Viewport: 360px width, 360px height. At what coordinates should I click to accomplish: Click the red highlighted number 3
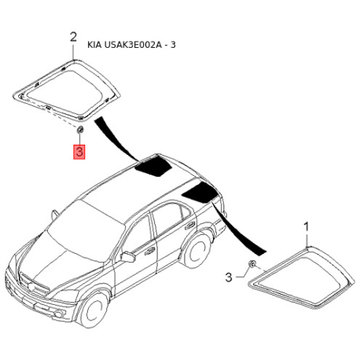point(79,152)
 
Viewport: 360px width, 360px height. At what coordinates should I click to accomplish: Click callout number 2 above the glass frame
point(73,38)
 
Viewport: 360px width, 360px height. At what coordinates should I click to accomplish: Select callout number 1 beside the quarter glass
point(307,227)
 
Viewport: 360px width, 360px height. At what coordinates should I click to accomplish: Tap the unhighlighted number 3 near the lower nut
point(229,277)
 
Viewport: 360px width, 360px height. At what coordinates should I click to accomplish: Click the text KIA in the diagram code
point(94,45)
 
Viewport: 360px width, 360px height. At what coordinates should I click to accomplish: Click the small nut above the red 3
point(79,130)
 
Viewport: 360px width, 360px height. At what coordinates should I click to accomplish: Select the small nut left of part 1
point(252,264)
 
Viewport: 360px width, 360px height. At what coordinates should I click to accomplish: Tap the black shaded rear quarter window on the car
point(200,193)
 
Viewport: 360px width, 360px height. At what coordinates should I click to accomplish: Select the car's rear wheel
point(197,250)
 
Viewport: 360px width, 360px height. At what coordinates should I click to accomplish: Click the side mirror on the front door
point(128,257)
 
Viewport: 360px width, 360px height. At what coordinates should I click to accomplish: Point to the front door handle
point(149,252)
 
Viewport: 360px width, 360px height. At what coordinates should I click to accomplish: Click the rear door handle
point(190,226)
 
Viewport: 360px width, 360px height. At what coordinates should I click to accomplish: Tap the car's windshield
point(86,230)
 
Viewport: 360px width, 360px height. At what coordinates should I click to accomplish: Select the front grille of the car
point(35,282)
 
